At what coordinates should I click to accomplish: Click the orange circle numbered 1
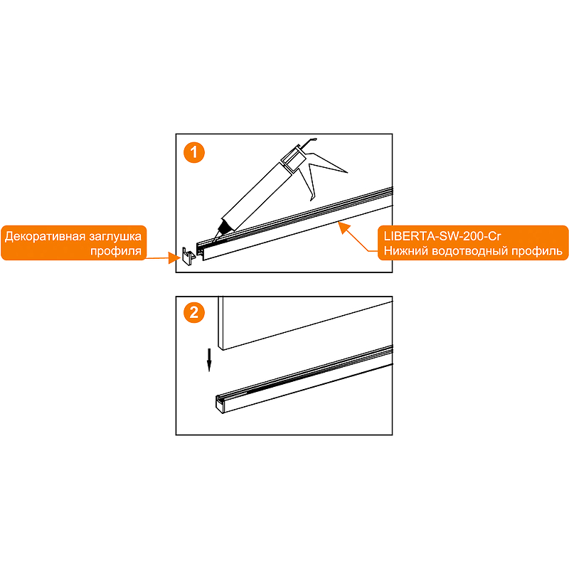click(x=194, y=152)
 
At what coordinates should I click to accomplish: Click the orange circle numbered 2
click(x=194, y=313)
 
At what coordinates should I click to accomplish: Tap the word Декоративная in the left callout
click(x=46, y=237)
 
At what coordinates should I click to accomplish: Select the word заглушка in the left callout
click(x=115, y=237)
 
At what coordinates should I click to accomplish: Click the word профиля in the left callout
click(x=116, y=251)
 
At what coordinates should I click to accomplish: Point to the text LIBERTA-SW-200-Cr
click(x=442, y=236)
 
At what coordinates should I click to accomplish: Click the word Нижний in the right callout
click(x=406, y=251)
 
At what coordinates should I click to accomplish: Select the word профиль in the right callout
click(x=537, y=251)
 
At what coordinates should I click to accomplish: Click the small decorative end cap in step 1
click(x=188, y=256)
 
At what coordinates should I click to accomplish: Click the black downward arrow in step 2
click(x=209, y=360)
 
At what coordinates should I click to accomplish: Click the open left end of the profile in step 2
click(x=220, y=404)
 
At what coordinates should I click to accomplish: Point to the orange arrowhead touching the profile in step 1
click(x=343, y=228)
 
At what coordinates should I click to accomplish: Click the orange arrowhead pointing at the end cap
click(x=174, y=258)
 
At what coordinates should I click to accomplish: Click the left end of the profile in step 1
click(x=200, y=250)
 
